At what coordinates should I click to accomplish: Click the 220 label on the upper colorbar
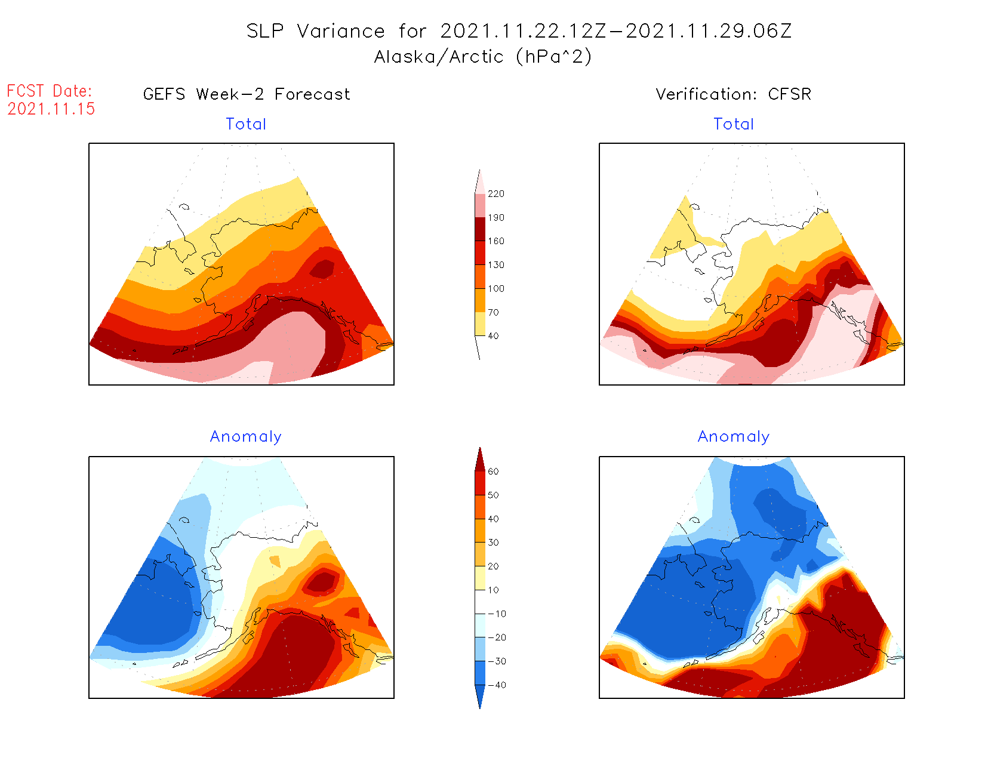pos(495,194)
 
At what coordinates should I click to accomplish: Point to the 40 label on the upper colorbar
pos(493,336)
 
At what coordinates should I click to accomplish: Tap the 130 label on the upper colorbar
pos(495,265)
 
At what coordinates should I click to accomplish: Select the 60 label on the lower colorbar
pos(493,472)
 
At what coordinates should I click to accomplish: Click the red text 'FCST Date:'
pos(50,91)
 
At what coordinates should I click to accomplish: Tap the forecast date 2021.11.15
pos(51,109)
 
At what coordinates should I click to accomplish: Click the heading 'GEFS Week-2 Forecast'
pos(247,94)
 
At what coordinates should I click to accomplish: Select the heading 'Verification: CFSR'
pos(733,94)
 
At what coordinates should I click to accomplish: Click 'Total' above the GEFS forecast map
pos(246,124)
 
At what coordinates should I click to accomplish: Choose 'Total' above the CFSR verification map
pos(734,124)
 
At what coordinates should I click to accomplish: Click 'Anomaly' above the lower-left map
pos(245,437)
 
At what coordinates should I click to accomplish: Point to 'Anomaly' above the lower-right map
pos(734,437)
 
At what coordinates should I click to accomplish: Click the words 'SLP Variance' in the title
pos(316,31)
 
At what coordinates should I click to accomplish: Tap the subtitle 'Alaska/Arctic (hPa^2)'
pos(483,57)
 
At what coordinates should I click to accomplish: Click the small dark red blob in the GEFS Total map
pos(323,269)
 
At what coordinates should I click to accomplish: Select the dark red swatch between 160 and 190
pos(480,229)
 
